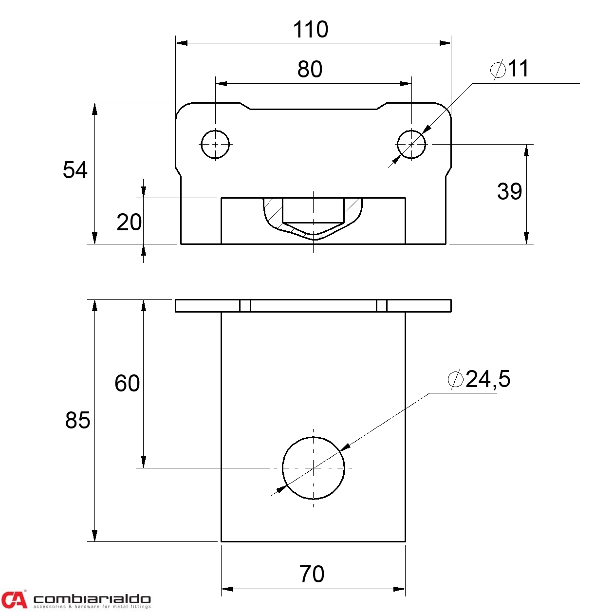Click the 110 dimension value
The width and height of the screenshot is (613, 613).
[311, 30]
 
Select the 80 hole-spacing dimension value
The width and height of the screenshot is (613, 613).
[310, 69]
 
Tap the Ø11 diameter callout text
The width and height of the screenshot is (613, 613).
[509, 69]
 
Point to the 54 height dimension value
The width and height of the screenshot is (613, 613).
[75, 170]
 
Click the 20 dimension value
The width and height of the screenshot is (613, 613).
[129, 223]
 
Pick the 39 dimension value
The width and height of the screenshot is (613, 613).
[509, 191]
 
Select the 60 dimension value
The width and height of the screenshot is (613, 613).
[127, 383]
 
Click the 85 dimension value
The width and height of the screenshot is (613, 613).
[77, 420]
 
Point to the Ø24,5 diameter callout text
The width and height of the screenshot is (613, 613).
[479, 379]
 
